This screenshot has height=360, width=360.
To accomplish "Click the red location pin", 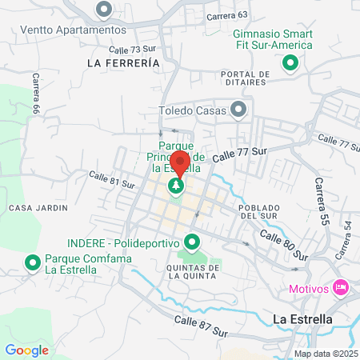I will (x=179, y=164).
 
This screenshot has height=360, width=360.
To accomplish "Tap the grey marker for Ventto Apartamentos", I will (x=103, y=10).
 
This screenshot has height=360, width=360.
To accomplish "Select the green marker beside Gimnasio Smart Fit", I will (x=290, y=62).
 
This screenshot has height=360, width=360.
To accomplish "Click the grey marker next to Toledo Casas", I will (x=238, y=108).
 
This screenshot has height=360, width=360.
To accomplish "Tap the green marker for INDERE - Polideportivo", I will (x=192, y=241).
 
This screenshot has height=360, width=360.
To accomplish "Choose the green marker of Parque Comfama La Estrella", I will (x=33, y=262).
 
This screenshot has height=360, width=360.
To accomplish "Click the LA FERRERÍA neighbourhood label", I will (x=118, y=62).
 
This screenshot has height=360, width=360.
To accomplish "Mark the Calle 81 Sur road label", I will (x=112, y=180).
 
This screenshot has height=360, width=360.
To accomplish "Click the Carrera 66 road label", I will (x=35, y=96).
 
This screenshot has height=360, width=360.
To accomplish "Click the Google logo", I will (x=27, y=350).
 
